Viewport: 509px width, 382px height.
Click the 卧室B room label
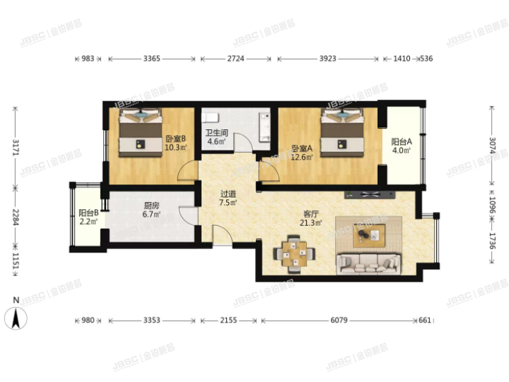coord(175,139)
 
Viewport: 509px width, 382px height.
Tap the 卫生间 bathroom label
coord(217,133)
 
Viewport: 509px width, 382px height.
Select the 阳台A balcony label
coord(401,142)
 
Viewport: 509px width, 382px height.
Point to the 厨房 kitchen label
coord(151,206)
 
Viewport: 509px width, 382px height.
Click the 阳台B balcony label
coord(89,213)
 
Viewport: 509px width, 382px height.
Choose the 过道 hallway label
coord(228,194)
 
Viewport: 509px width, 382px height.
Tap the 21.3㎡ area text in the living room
coord(311,223)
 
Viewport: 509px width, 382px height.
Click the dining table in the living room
coord(294,253)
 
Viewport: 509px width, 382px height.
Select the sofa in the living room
coord(369,264)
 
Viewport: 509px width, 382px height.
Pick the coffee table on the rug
coord(369,235)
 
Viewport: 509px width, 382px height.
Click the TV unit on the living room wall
coord(370,195)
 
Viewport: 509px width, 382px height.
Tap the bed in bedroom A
coord(342,133)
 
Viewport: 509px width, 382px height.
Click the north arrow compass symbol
coord(16,318)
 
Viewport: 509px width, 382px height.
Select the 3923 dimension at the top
coord(327,59)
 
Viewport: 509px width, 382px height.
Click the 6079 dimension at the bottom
coord(339,320)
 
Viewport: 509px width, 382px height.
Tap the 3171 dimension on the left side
coord(16,147)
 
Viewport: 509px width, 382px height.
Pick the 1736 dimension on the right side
coord(492,241)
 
